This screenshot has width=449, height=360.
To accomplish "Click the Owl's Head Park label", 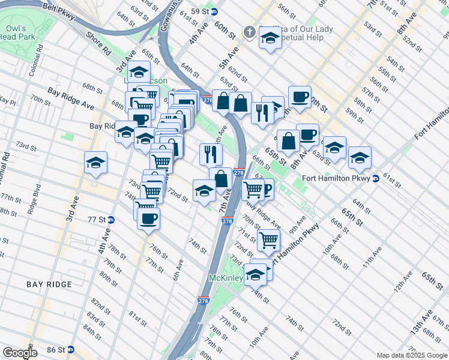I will [x=16, y=34].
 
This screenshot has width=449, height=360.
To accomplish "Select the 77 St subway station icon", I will [x=112, y=220].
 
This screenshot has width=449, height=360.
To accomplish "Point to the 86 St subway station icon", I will [x=70, y=349].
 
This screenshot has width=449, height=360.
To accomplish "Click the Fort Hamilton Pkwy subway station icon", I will [x=376, y=178].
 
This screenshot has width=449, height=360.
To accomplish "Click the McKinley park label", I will [x=225, y=278].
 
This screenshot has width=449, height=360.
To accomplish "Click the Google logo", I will [x=20, y=353].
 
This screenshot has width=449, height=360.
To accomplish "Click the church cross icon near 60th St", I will [x=249, y=31].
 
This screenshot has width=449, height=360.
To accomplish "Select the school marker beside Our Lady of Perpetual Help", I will [x=270, y=38].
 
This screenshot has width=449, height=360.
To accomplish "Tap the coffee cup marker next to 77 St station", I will [x=148, y=218].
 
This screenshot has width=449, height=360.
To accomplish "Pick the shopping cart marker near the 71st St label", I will [x=268, y=239].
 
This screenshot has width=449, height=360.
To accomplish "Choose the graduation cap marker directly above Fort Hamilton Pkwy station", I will [x=360, y=157].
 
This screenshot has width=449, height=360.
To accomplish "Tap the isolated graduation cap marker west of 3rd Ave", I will [x=95, y=163].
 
